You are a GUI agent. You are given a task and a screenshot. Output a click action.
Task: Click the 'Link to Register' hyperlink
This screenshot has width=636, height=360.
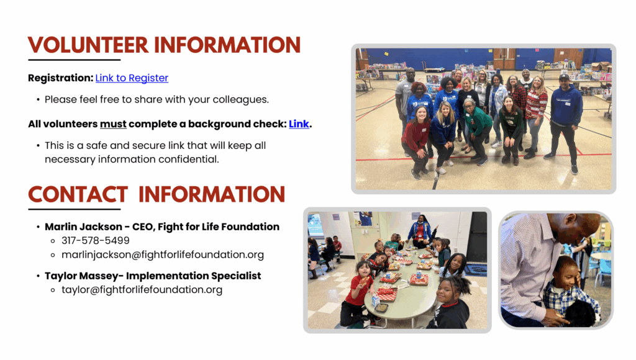(x=132, y=78)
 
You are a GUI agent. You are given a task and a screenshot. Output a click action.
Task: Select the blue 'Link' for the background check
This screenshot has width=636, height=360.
(x=299, y=124)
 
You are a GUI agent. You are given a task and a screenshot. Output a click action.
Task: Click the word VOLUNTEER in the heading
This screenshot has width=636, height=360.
(x=88, y=45)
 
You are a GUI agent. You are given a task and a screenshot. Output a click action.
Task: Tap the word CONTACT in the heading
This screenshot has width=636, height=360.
(x=78, y=195)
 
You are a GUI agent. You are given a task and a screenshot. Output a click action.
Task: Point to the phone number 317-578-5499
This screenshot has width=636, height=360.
(x=95, y=240)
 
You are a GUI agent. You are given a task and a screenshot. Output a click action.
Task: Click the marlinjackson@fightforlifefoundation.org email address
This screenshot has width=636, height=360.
(x=163, y=254)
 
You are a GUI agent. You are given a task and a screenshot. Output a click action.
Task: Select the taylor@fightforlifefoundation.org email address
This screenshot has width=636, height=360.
(x=142, y=290)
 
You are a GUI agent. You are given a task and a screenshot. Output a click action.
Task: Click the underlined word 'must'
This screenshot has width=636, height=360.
(x=113, y=124)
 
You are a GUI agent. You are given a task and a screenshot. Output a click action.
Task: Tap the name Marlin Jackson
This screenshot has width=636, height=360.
(x=83, y=227)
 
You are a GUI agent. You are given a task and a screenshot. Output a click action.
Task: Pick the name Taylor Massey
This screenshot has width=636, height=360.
(x=81, y=276)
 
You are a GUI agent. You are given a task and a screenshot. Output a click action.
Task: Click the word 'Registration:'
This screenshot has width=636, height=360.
(x=61, y=78)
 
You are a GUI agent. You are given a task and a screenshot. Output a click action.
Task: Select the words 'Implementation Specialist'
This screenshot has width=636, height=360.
(x=194, y=276)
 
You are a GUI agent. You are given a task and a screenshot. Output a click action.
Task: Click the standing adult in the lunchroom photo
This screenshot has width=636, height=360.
(x=421, y=231)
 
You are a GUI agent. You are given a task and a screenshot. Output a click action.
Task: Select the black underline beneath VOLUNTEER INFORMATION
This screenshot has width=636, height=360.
(x=75, y=60)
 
